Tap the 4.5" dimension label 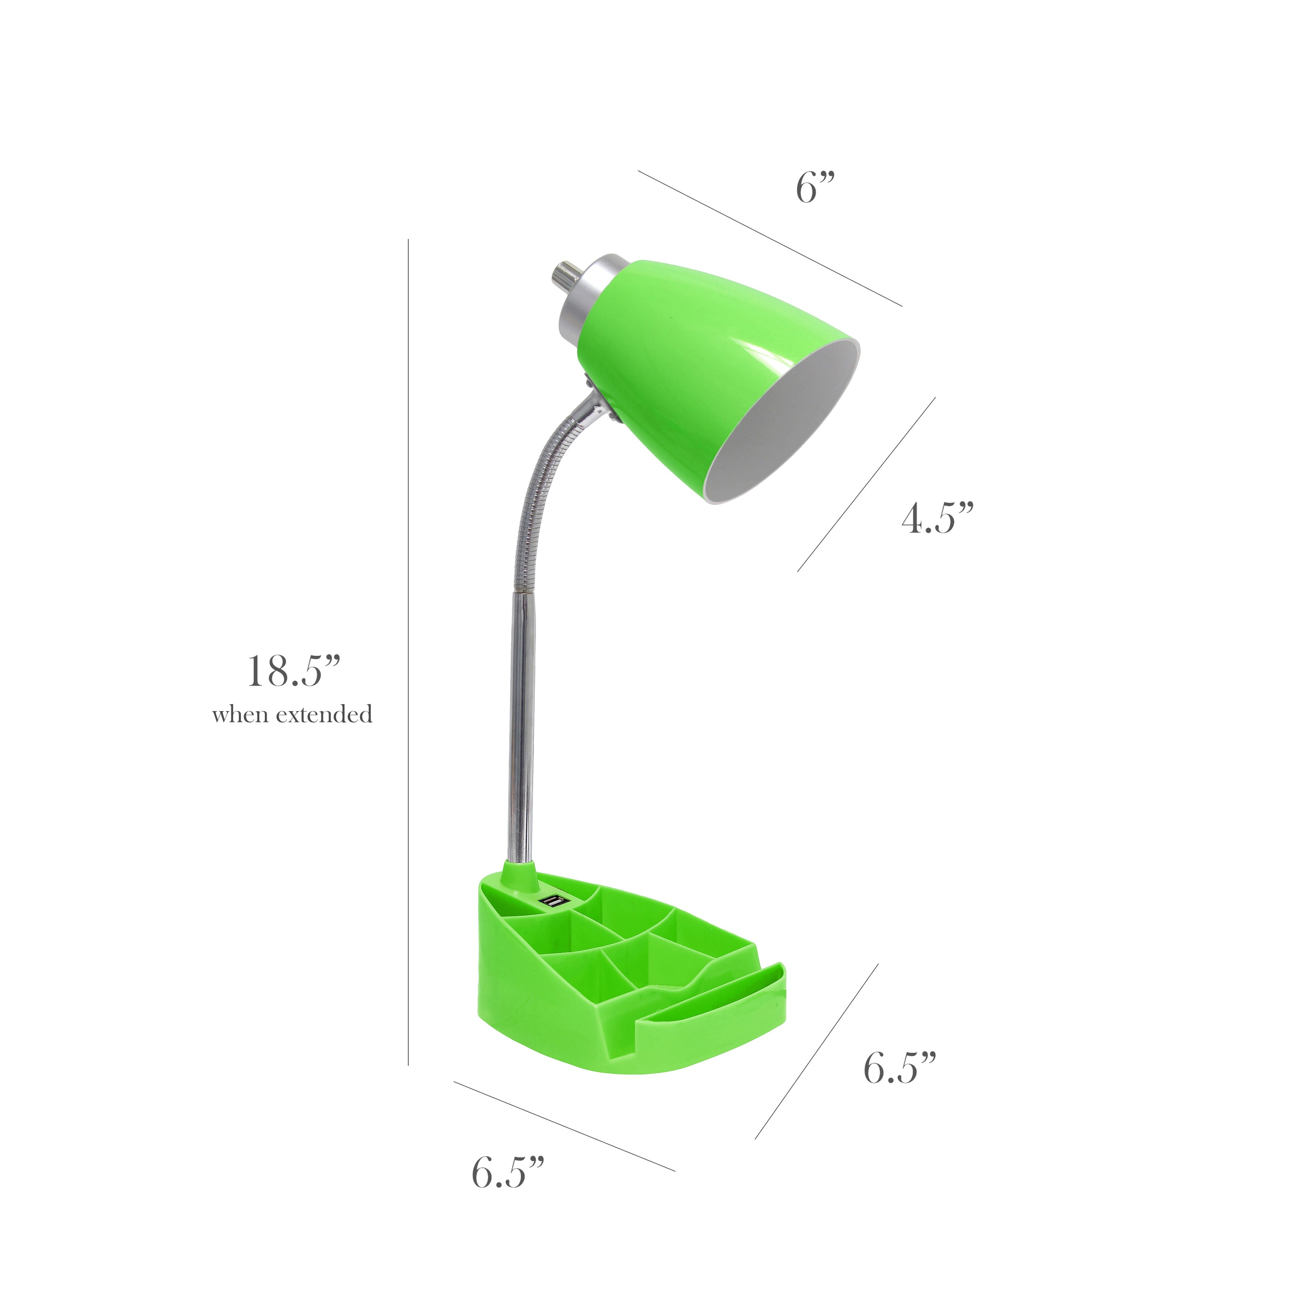tap(937, 518)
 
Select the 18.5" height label tap(294, 671)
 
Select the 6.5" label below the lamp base tap(507, 1172)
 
